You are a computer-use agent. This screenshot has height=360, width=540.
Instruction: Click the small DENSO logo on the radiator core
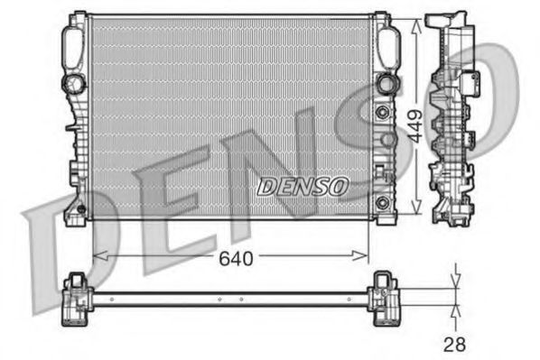302,187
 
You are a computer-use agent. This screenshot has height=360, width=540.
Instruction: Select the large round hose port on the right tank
388,83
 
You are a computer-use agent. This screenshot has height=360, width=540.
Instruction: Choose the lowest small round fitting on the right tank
382,199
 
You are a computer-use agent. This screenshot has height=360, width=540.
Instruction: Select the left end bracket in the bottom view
76,297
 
